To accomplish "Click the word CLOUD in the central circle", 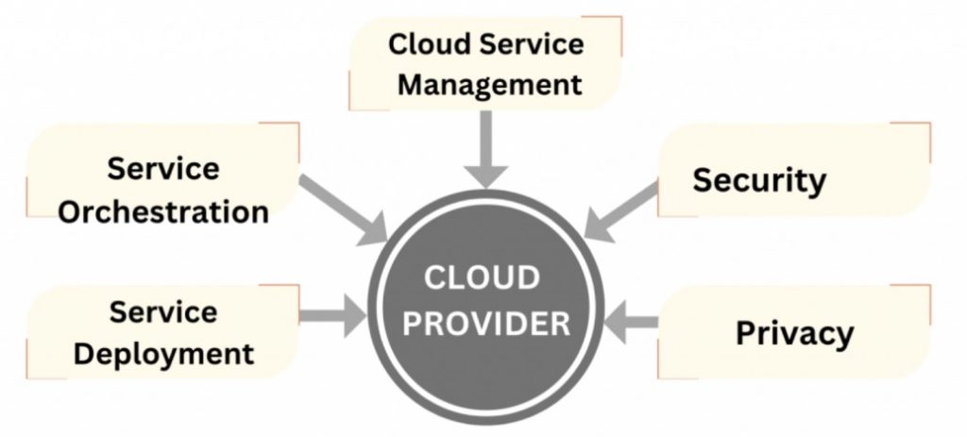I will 481,279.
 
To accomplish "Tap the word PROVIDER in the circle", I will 482,324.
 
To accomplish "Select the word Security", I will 758,179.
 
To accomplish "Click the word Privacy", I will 794,332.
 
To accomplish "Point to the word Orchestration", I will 163,210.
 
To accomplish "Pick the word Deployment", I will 163,354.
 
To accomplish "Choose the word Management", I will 489,84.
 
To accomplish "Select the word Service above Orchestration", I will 163,169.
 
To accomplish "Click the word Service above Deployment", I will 163,312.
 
